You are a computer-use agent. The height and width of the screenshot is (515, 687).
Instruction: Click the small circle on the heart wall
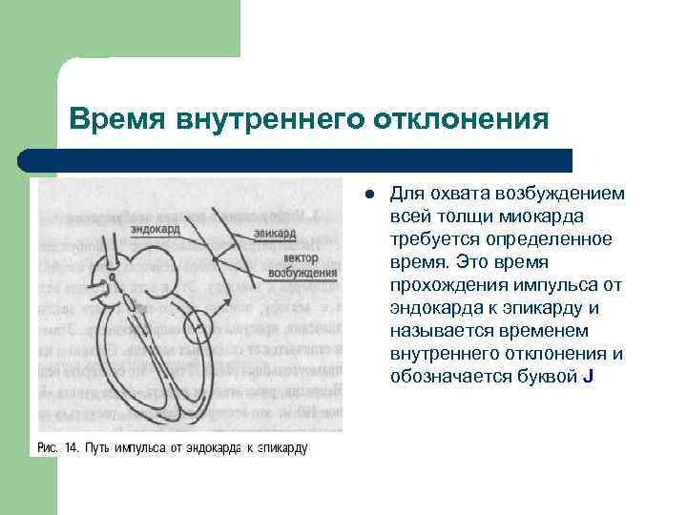(201, 326)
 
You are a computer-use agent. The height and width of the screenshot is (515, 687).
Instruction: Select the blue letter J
(587, 377)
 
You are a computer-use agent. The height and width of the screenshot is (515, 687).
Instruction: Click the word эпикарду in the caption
(281, 446)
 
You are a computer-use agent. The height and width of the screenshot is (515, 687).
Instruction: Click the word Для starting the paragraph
(405, 194)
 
